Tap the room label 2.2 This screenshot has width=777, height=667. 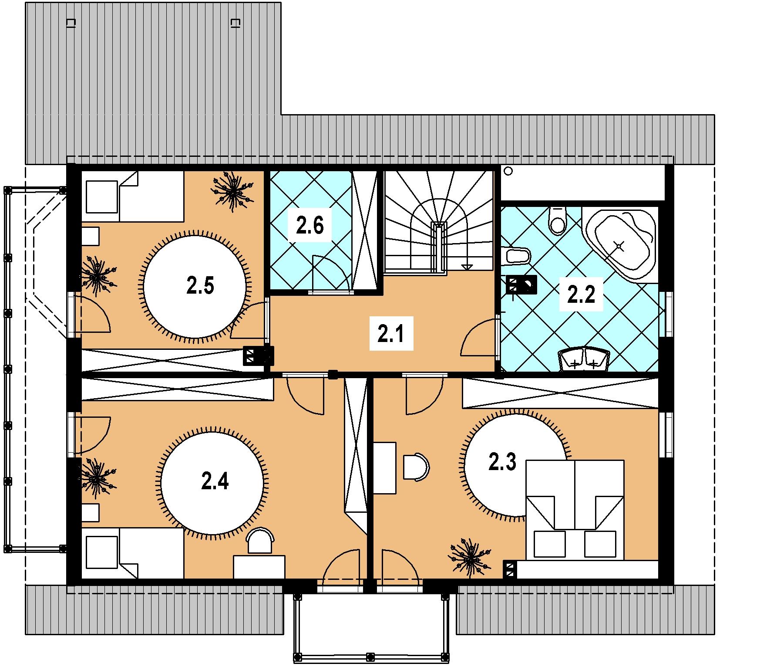[x=581, y=294]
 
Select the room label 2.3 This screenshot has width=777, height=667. [x=502, y=462]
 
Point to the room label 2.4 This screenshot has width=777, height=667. [x=215, y=481]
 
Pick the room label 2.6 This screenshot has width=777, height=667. [x=309, y=225]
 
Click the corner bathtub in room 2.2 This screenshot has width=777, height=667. [x=619, y=244]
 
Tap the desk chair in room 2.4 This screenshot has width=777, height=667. [x=260, y=541]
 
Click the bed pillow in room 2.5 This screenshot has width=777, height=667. [x=102, y=197]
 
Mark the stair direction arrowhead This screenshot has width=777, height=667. [x=468, y=267]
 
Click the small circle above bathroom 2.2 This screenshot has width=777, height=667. [x=508, y=172]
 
